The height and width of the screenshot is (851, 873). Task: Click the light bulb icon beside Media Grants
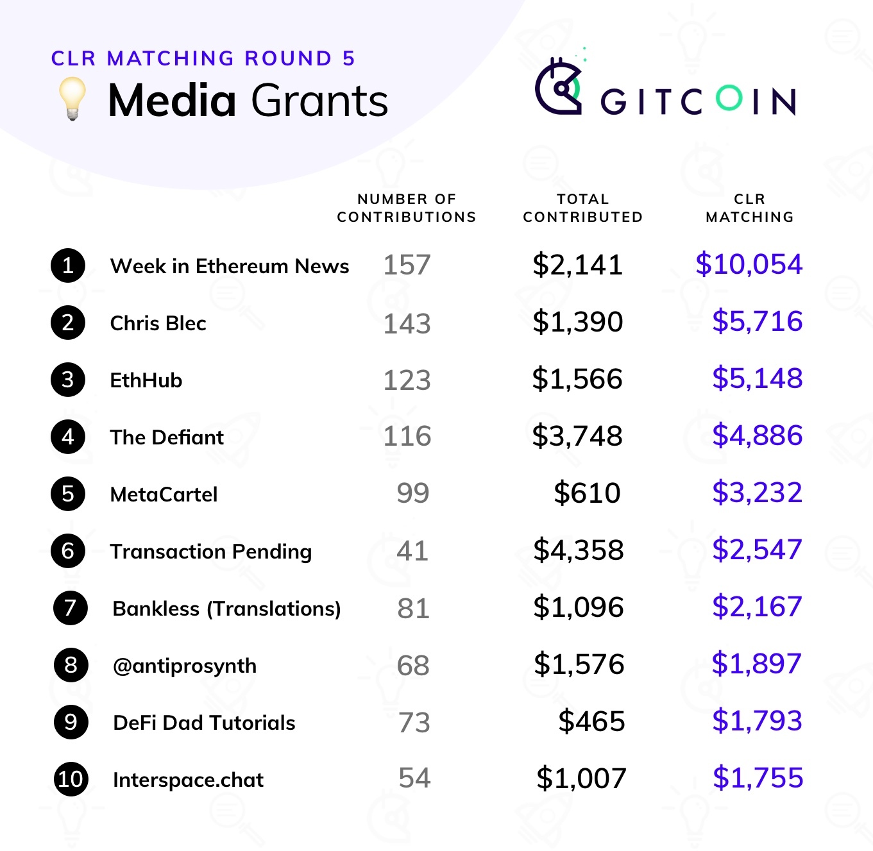pos(72,98)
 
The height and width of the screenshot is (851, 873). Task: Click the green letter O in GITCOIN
pos(729,99)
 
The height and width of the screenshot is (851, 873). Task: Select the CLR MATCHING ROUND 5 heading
pos(203,58)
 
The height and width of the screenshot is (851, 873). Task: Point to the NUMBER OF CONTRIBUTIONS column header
pos(407,208)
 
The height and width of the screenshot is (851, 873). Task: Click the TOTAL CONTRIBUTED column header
pos(582,208)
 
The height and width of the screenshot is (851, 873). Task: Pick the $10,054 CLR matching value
pos(749,264)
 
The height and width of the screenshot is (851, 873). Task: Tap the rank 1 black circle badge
pos(68,265)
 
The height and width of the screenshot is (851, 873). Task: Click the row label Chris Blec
pos(158,323)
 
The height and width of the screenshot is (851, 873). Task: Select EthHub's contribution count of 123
pos(407,380)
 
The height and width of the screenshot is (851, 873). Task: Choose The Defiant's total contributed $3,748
pos(577,436)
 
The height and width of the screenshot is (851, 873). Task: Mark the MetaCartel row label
pos(164,494)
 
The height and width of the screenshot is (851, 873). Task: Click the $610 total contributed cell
pos(587,493)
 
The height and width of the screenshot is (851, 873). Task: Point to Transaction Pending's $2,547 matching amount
pos(757,550)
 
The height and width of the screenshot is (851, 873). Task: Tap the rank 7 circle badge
pos(71,608)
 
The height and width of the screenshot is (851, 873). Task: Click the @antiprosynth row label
pos(184,666)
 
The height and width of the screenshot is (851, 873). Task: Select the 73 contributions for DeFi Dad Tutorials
pos(414,723)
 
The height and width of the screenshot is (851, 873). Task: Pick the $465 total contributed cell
pos(591,721)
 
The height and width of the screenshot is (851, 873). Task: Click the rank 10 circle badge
pos(71,779)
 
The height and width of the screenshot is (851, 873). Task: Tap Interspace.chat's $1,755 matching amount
pos(758,778)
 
